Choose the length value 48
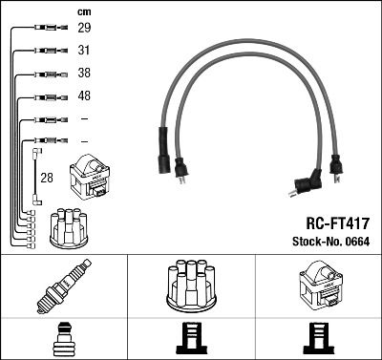pyautogui.click(x=84, y=96)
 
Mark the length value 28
pyautogui.click(x=46, y=178)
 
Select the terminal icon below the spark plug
pyautogui.click(x=63, y=338)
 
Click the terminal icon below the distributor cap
pyautogui.click(x=191, y=338)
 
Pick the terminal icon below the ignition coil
pyautogui.click(x=317, y=338)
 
